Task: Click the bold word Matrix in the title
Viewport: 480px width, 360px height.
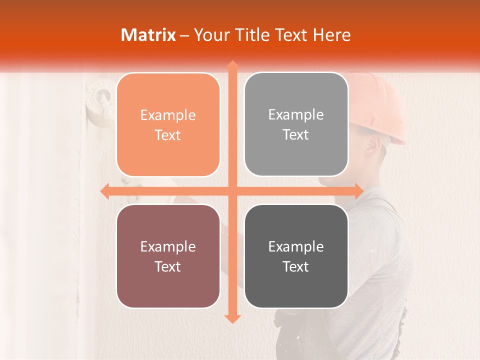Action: [x=148, y=34]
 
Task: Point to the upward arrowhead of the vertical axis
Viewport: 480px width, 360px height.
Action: [x=232, y=65]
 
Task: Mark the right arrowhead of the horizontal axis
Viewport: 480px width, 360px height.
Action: [x=358, y=191]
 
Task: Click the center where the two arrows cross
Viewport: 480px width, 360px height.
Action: [x=232, y=191]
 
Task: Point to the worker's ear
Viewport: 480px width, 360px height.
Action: [x=371, y=145]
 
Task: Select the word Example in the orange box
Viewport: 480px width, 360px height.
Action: [x=168, y=115]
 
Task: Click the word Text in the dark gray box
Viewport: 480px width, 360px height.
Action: [x=296, y=266]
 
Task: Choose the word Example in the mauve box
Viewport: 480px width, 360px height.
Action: [x=168, y=246]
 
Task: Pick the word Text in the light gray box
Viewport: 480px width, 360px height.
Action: [x=296, y=135]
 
